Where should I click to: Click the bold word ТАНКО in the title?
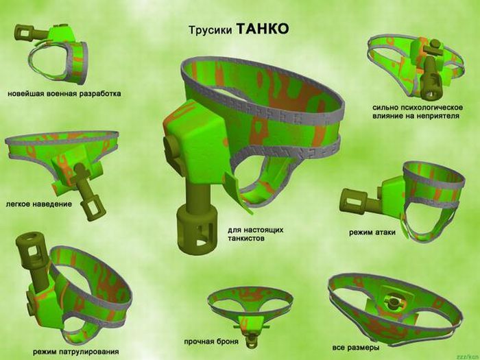click(263, 29)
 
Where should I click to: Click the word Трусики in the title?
click(210, 31)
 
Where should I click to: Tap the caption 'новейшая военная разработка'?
click(64, 94)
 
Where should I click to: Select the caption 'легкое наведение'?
click(39, 204)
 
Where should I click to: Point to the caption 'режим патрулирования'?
click(76, 352)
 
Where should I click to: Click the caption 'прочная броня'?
click(211, 341)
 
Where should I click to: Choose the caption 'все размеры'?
click(356, 348)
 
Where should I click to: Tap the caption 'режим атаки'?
click(372, 232)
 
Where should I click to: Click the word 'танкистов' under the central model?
click(245, 239)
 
